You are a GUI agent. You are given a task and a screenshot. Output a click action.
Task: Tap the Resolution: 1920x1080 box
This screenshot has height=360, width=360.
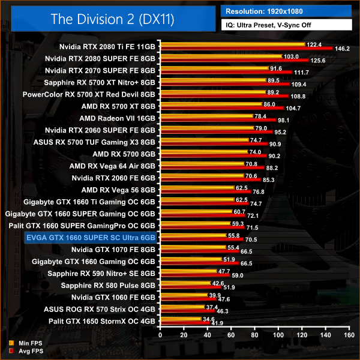pos(286,11)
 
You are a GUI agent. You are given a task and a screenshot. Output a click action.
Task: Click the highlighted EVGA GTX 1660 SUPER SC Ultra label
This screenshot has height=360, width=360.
pos(90,238)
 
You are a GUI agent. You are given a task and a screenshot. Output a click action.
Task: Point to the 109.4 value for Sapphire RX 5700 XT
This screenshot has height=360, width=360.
pos(298,85)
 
